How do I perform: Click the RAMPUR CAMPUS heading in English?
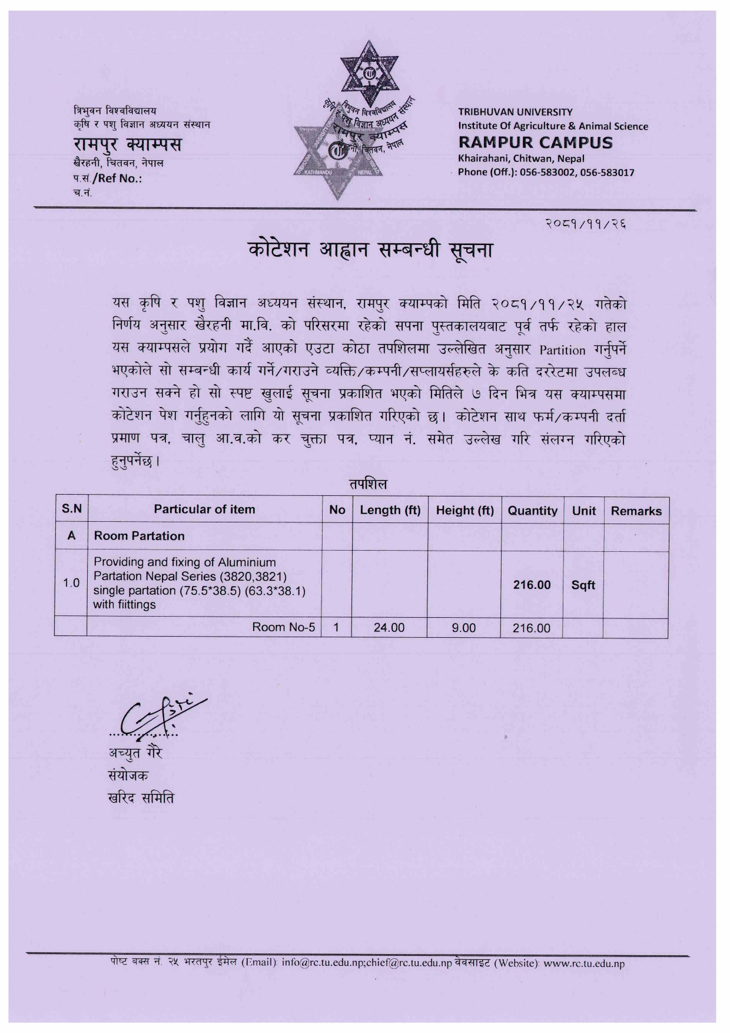(535, 143)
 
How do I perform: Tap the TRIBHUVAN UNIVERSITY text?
(515, 112)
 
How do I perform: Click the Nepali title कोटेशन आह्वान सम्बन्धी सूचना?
(370, 250)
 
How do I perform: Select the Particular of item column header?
(204, 509)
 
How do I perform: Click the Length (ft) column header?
(390, 510)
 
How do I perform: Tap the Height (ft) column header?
(464, 510)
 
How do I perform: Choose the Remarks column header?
(636, 511)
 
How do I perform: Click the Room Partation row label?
(139, 536)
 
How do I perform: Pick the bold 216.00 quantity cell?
(532, 585)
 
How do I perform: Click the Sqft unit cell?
(583, 585)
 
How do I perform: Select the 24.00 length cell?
(389, 628)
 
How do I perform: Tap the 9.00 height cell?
(463, 628)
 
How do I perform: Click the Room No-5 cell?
(283, 627)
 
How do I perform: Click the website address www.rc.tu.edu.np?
(583, 964)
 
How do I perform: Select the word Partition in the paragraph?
(562, 350)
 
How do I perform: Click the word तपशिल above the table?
(367, 484)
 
